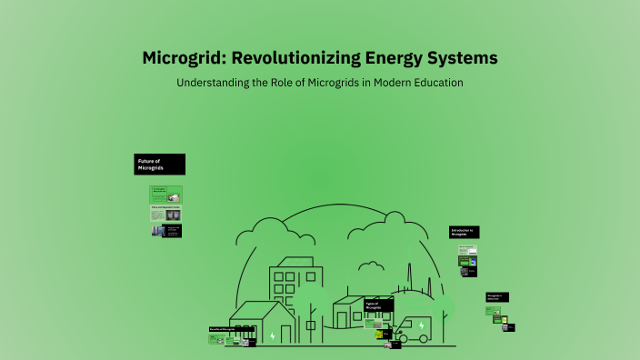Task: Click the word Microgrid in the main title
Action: click(183, 58)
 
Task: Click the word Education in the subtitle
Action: click(433, 83)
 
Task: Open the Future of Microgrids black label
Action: click(161, 165)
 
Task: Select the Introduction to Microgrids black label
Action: click(465, 233)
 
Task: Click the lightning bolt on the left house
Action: click(272, 335)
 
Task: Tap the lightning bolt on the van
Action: click(421, 325)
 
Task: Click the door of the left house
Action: click(244, 334)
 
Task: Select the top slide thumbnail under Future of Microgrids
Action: click(166, 194)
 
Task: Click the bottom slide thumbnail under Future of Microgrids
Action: click(166, 231)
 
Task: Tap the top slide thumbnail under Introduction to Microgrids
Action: click(467, 250)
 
